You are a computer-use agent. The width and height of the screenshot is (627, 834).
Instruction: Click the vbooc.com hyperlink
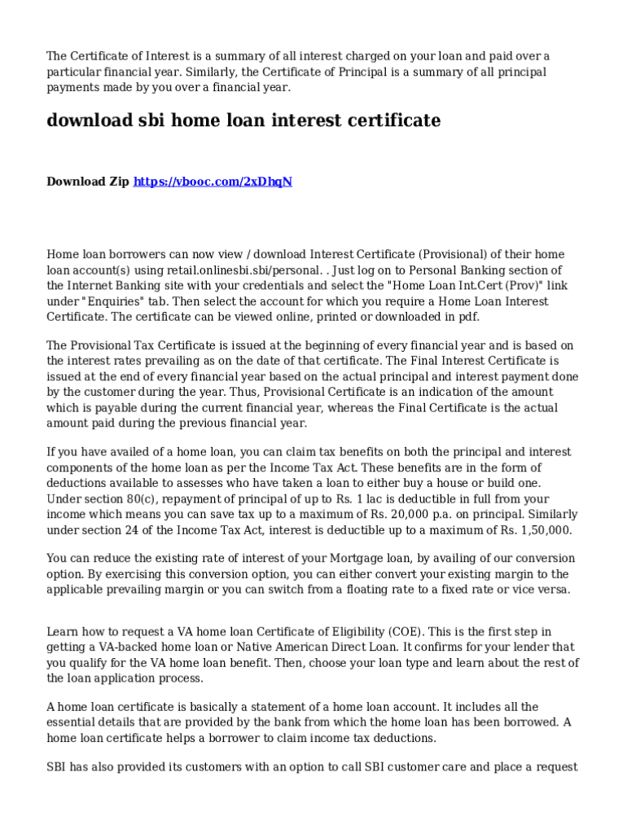point(213,182)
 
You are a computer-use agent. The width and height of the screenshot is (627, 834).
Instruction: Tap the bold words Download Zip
point(87,182)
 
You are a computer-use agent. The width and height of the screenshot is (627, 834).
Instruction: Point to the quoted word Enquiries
point(103,301)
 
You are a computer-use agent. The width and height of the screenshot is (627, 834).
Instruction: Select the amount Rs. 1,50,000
point(540,529)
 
